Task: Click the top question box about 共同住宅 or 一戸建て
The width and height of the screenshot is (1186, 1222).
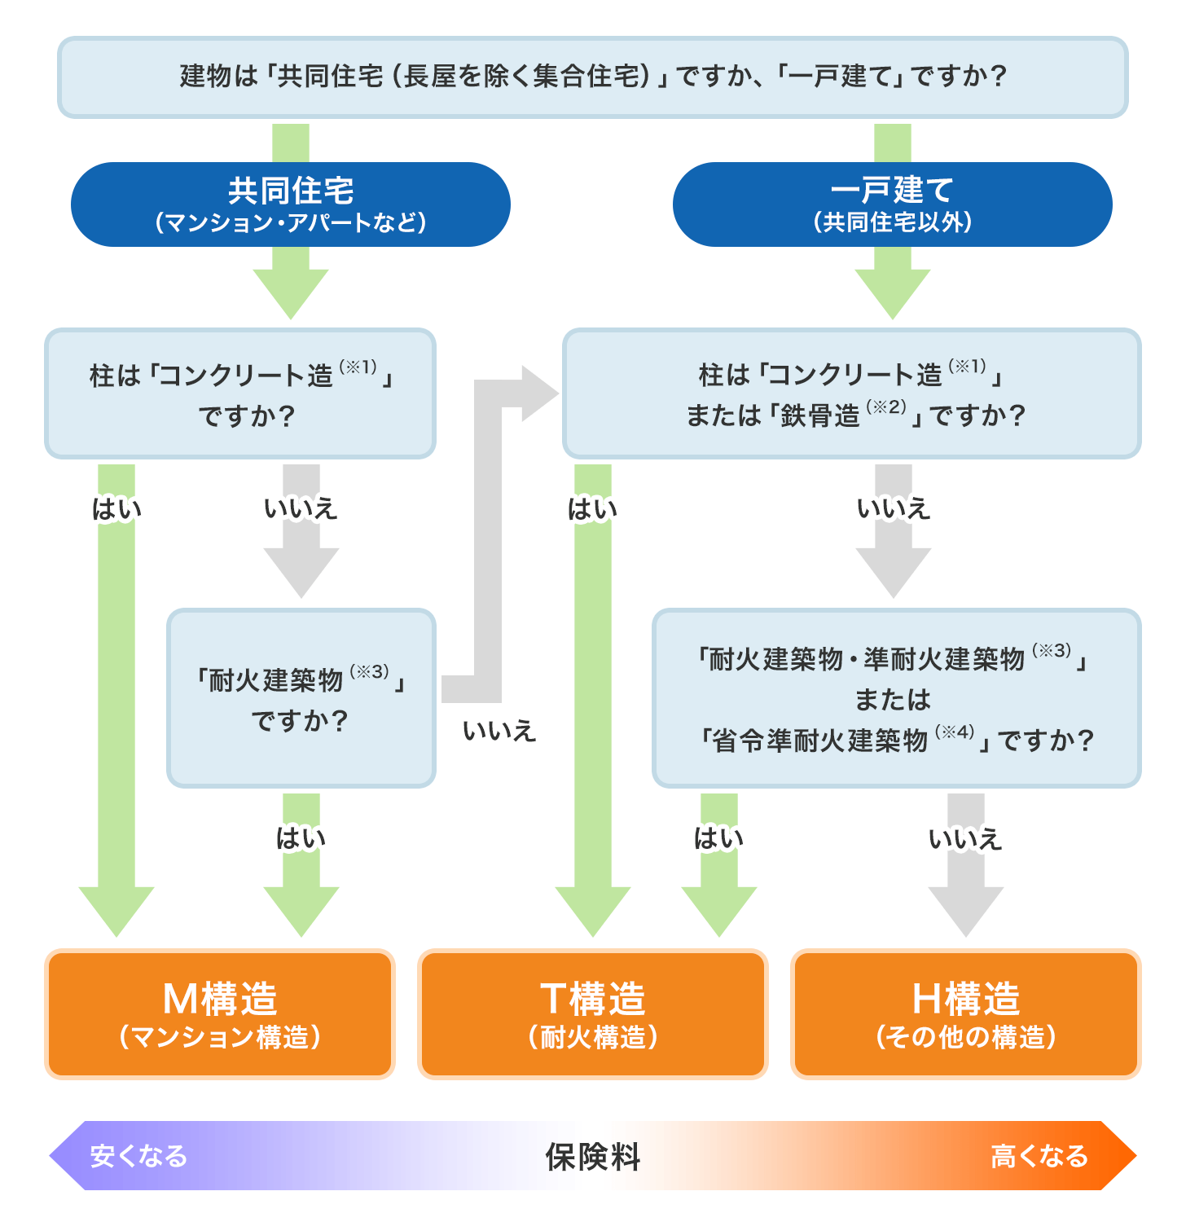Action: (x=592, y=77)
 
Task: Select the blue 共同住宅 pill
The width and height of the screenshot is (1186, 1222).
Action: (x=290, y=204)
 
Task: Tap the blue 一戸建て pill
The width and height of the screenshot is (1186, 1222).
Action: (x=892, y=204)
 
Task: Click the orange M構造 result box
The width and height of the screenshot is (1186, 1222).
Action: (x=220, y=1014)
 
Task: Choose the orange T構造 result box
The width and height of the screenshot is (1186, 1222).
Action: (x=592, y=1014)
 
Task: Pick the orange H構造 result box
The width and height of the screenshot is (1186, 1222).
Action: (x=965, y=1014)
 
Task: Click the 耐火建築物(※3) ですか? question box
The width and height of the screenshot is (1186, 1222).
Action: (x=301, y=698)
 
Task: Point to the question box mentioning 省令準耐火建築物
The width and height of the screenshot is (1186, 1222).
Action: (x=896, y=698)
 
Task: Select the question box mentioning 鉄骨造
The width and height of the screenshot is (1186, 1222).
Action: (x=851, y=393)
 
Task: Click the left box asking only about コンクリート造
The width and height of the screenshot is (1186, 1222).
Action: (x=240, y=393)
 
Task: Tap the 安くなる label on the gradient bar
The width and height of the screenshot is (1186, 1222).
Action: (x=138, y=1156)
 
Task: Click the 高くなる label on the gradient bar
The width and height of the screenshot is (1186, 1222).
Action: (x=1039, y=1156)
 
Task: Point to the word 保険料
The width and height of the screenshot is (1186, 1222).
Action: (x=592, y=1157)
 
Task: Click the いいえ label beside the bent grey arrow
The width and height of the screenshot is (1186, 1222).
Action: (x=499, y=731)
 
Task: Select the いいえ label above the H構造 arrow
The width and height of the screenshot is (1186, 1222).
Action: (x=965, y=838)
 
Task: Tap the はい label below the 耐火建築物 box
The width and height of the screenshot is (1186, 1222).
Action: (x=301, y=838)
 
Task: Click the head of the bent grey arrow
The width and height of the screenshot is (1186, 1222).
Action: (x=539, y=394)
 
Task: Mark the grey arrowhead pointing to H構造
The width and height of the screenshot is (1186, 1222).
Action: (x=965, y=911)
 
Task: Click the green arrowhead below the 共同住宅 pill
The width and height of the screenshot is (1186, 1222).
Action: (x=291, y=293)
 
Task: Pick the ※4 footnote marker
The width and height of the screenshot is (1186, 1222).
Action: (x=955, y=732)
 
